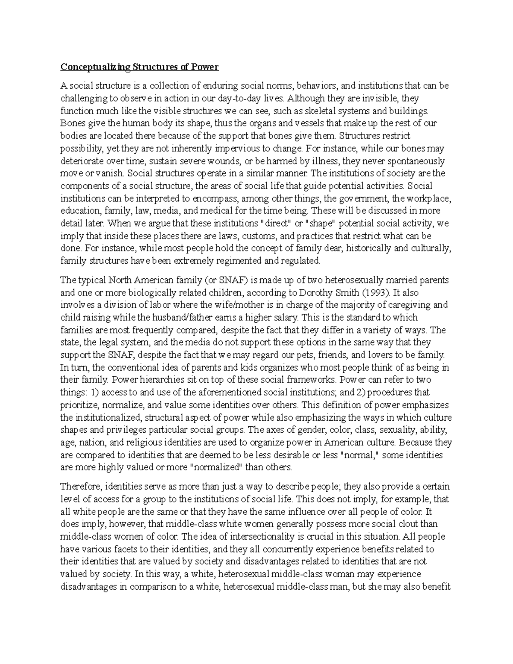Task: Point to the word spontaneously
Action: pos(409,161)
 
